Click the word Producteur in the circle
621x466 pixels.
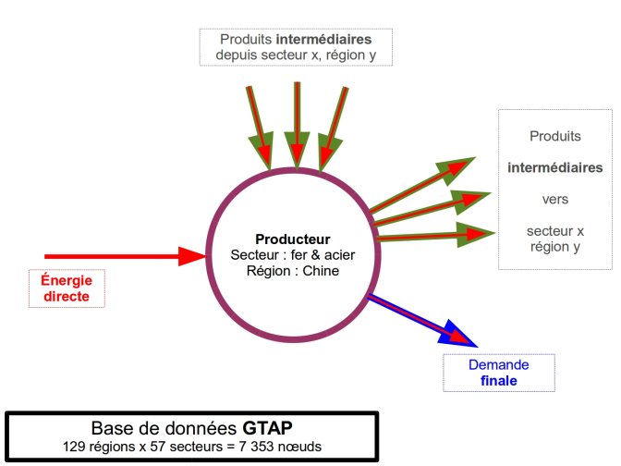292,239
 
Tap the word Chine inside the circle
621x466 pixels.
320,271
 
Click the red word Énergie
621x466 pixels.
73,280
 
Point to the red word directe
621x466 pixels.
73,296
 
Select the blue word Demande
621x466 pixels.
498,364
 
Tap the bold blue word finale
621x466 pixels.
498,380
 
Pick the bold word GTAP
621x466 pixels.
265,429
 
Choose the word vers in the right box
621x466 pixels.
554,199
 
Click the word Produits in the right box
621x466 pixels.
554,136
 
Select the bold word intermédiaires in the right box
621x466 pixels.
554,167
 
